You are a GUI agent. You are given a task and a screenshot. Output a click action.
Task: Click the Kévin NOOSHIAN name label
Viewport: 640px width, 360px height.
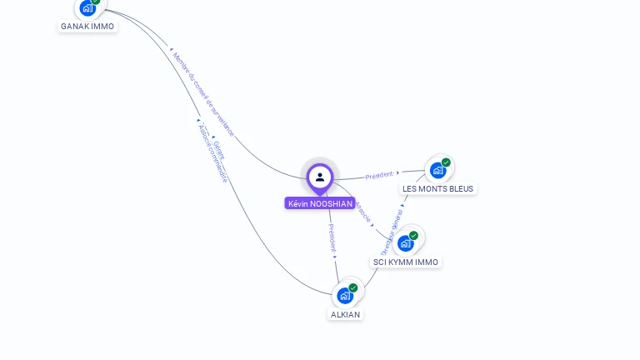(320, 203)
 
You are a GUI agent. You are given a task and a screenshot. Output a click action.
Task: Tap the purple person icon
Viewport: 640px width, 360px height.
(320, 177)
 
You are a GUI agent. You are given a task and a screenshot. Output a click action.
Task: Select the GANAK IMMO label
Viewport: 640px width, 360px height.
(87, 26)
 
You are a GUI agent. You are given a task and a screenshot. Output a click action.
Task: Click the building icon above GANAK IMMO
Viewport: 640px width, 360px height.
(87, 8)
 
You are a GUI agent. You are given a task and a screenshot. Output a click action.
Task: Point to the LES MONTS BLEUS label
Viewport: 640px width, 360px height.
(437, 188)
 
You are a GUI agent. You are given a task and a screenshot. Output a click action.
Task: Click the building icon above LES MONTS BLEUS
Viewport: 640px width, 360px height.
(437, 171)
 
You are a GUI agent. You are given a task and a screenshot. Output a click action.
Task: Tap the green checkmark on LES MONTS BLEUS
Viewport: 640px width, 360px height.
(446, 162)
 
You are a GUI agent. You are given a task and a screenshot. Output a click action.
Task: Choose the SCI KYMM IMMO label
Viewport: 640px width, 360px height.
(405, 262)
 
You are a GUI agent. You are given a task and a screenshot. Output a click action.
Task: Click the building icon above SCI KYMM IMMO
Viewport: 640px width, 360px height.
(405, 243)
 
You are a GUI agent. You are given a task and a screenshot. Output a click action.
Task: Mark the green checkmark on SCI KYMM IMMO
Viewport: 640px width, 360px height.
(413, 235)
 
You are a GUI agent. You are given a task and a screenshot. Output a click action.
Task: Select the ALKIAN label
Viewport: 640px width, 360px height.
(345, 314)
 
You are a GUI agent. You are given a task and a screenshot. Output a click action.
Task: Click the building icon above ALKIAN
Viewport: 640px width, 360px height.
(345, 296)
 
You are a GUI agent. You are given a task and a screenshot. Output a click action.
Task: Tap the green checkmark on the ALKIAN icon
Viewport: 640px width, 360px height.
(353, 287)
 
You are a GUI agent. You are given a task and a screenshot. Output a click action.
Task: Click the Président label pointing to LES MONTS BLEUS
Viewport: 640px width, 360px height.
(379, 174)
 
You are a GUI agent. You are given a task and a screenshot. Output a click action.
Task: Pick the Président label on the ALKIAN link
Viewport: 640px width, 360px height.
(332, 237)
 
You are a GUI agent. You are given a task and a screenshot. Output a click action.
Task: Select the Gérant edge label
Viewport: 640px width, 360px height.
(219, 149)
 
